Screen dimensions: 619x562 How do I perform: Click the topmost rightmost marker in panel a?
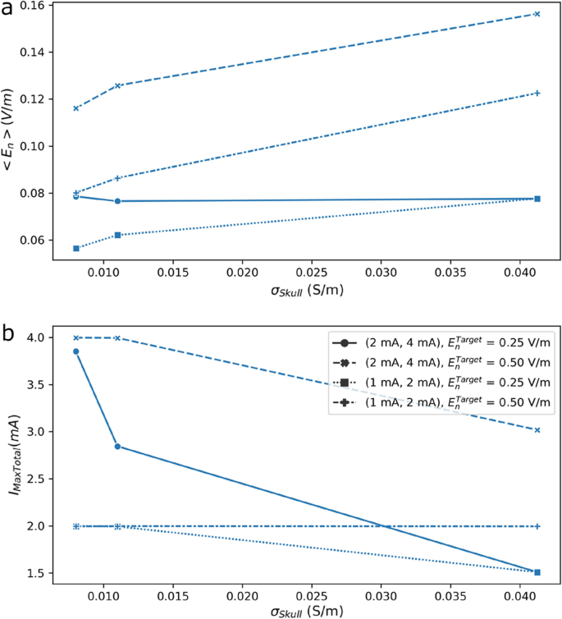(x=537, y=14)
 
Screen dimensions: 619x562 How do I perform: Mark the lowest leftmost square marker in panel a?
(x=76, y=248)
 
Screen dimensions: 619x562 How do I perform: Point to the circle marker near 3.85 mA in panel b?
(x=76, y=351)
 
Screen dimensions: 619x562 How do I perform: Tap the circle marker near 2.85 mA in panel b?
(x=117, y=447)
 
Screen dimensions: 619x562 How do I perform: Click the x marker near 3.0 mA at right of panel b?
(x=537, y=430)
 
